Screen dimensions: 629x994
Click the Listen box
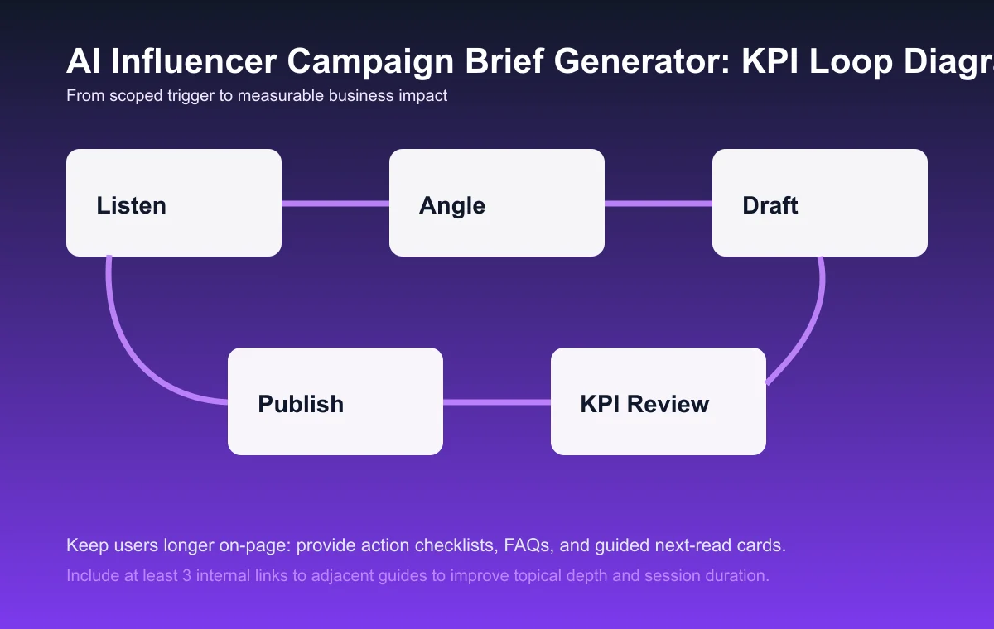tap(174, 203)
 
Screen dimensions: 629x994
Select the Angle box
tap(497, 203)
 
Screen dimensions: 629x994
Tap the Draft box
tap(820, 203)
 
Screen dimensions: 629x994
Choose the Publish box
tap(335, 401)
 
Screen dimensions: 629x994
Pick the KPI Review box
tap(659, 401)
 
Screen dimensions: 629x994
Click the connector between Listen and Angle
tap(335, 203)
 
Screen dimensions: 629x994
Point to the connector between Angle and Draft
tap(659, 203)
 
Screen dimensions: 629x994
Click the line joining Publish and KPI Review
tap(497, 402)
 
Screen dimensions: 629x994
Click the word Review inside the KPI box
tap(670, 404)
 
